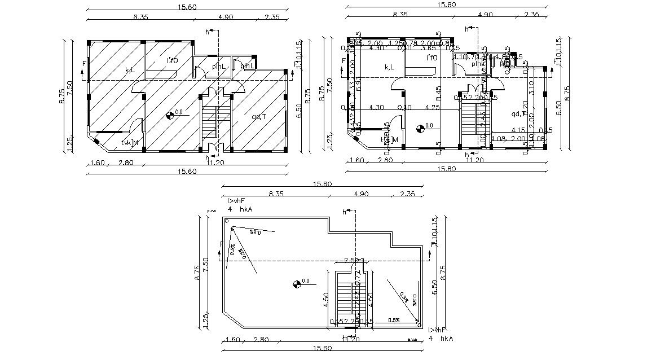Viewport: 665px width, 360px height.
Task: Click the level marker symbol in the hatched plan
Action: coord(170,116)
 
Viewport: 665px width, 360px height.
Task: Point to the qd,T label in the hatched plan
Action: coord(259,117)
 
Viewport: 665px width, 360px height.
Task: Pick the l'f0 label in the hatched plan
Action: coord(172,60)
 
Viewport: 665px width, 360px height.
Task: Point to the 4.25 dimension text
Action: coord(433,107)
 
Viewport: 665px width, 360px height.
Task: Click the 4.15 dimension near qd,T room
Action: coord(518,131)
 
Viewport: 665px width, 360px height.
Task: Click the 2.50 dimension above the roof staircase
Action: coord(353,260)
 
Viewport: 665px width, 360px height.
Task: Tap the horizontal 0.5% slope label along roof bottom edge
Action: coord(394,321)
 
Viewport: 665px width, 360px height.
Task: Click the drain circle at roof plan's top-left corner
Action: coord(227,222)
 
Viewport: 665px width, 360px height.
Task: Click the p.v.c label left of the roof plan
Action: coord(212,210)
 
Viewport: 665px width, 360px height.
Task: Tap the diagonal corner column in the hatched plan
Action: coord(96,142)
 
